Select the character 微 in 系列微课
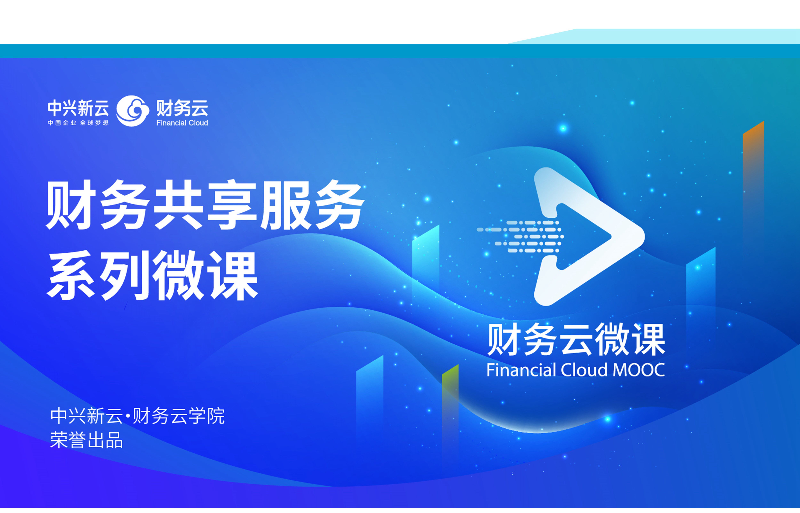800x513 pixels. [x=179, y=276]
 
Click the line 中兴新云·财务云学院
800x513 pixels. [x=137, y=416]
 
